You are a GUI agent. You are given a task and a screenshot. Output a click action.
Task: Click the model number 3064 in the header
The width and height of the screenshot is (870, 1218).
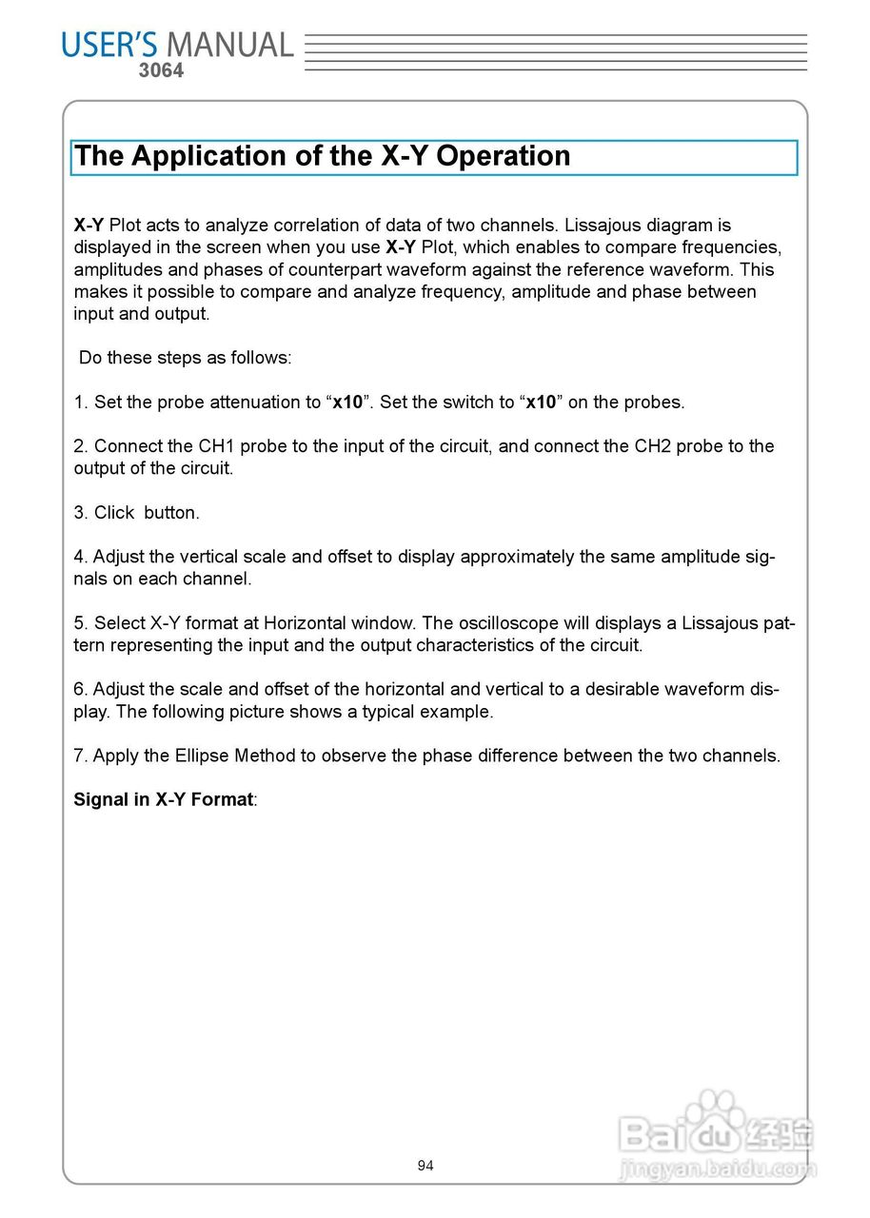(161, 70)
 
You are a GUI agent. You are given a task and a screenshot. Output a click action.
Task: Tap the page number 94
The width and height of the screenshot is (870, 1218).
(425, 1166)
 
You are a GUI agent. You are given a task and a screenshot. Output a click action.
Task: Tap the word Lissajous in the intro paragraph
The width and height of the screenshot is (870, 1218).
(603, 226)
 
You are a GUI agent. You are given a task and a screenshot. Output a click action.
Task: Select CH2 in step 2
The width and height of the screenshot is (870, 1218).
(654, 446)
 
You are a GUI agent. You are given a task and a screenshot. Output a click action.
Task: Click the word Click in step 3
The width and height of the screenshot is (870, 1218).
(113, 513)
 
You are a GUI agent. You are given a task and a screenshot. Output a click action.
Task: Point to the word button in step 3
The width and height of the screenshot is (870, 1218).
(171, 513)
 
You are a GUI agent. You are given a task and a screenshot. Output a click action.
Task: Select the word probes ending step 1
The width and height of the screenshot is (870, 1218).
(652, 403)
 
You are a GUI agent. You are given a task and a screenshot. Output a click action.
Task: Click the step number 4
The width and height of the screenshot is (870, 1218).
(80, 557)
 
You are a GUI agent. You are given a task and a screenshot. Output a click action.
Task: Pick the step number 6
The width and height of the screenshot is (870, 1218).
(80, 690)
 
